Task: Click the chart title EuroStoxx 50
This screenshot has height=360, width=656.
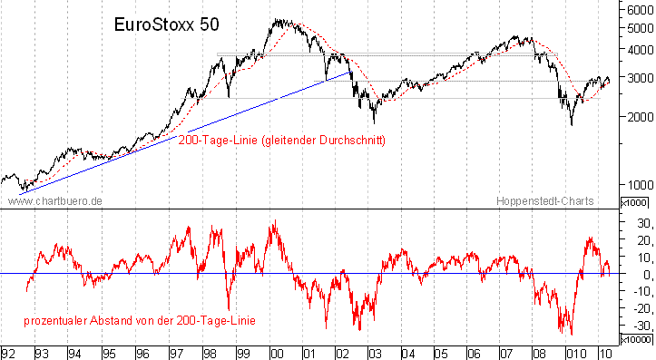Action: tap(166, 26)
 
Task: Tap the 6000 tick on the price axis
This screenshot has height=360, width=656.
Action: tap(637, 9)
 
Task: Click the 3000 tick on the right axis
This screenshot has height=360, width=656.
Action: tap(637, 78)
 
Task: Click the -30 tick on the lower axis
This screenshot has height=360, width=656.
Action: tap(639, 326)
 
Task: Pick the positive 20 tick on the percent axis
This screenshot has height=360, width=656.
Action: tap(639, 240)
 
